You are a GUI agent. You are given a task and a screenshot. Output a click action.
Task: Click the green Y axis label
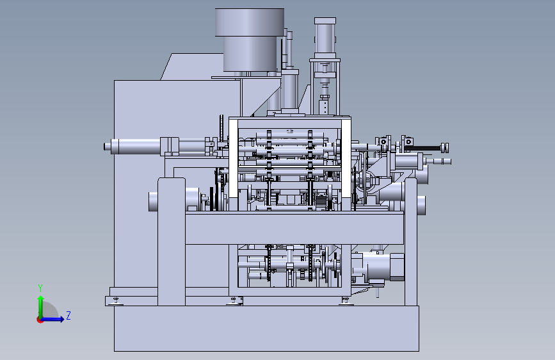[40, 288]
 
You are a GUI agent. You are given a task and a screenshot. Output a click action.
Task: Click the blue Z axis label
[68, 315]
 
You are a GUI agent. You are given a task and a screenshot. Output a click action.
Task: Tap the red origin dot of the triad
[40, 320]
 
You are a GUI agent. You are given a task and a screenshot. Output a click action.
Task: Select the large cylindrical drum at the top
[250, 40]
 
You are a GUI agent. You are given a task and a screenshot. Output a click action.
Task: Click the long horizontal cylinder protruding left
[134, 146]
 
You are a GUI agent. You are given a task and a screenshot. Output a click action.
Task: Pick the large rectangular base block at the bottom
[266, 329]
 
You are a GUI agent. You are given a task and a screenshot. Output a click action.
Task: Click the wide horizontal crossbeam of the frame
[294, 228]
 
